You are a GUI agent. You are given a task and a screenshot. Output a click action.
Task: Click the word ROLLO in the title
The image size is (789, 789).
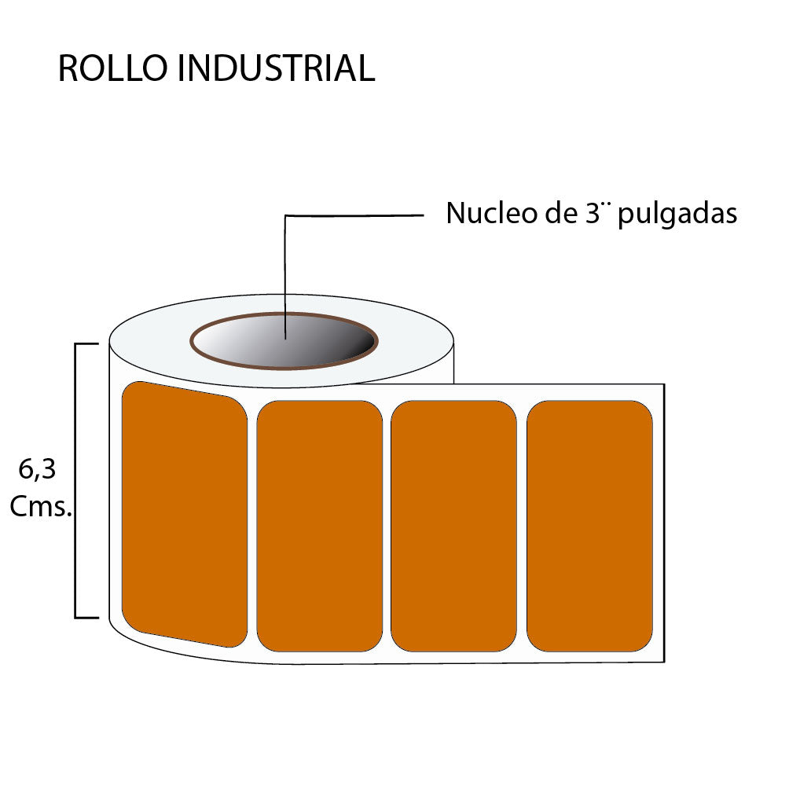(x=113, y=69)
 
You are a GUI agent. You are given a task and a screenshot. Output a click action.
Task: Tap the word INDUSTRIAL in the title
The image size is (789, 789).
(x=276, y=69)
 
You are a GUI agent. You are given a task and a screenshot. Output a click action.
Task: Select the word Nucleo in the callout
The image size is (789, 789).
(x=487, y=214)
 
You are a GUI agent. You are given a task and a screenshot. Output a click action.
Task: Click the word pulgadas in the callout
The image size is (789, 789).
(x=677, y=215)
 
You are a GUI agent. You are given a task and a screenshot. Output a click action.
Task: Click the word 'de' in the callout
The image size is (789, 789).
(x=557, y=214)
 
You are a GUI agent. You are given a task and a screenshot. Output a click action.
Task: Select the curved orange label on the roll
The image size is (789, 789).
(x=185, y=515)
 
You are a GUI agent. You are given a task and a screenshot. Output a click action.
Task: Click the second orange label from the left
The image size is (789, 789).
(x=319, y=527)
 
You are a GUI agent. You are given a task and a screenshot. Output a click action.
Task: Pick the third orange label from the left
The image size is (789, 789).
(x=453, y=527)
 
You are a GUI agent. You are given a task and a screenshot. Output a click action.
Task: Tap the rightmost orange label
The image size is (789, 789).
(x=589, y=527)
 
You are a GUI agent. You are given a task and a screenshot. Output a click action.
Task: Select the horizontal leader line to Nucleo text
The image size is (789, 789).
(x=354, y=215)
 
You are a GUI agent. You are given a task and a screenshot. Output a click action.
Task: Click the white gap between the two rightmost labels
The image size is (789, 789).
(x=522, y=527)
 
